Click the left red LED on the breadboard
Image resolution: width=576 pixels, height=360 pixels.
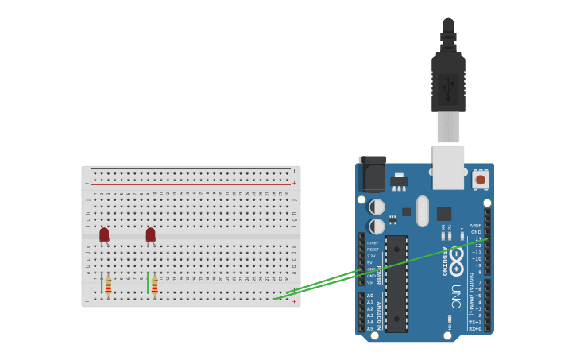[104, 234]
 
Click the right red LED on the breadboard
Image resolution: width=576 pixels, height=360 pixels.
[150, 234]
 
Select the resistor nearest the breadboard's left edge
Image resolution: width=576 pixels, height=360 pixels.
[108, 285]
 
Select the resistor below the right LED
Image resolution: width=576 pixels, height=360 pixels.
[154, 285]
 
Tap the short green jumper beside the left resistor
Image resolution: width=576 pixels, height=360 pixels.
[102, 281]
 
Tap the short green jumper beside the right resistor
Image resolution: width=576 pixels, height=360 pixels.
[148, 281]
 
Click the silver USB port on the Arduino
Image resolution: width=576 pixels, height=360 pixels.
[448, 167]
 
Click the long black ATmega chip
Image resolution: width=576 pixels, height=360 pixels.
[396, 284]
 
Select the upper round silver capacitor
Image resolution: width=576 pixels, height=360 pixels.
[377, 207]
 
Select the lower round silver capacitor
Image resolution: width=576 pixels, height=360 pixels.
[377, 226]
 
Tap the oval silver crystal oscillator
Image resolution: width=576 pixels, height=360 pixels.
[422, 211]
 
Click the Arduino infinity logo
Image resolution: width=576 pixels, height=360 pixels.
[455, 258]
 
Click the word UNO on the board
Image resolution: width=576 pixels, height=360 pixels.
[455, 291]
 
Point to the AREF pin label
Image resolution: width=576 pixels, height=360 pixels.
[475, 226]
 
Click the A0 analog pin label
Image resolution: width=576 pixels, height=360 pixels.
[369, 296]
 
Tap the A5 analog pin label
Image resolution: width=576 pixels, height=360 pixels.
[369, 328]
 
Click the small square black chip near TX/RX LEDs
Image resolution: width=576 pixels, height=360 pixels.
[443, 213]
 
